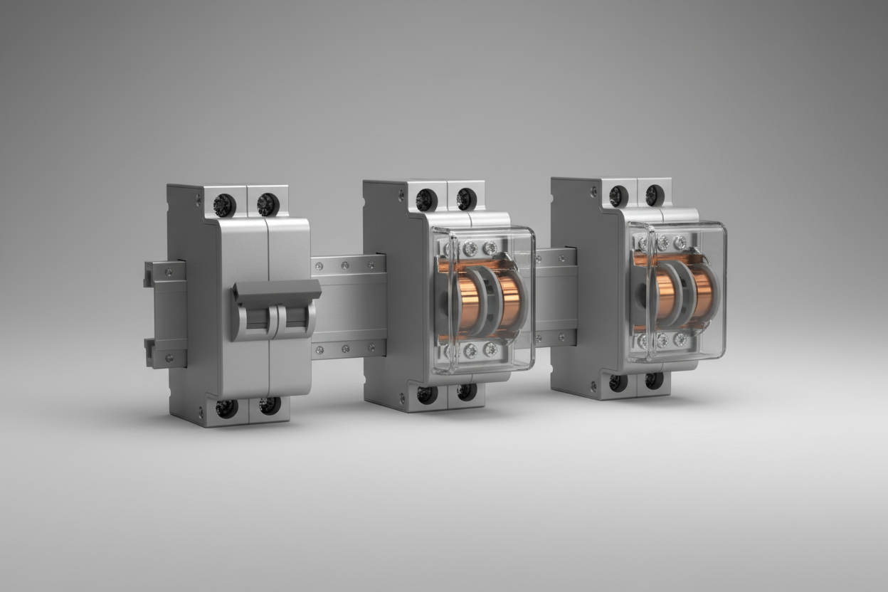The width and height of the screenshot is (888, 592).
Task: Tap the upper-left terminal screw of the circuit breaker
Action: (223, 205)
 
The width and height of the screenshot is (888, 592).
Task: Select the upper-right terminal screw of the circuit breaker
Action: (268, 204)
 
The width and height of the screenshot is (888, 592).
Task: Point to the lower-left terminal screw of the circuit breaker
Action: (226, 408)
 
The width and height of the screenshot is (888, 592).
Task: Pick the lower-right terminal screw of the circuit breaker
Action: (269, 406)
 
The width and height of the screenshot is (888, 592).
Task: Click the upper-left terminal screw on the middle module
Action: (425, 200)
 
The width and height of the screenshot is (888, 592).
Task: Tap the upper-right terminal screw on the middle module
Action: (466, 199)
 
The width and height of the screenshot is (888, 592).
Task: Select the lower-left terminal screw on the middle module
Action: (427, 394)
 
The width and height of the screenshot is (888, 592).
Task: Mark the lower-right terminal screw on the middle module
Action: (466, 391)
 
